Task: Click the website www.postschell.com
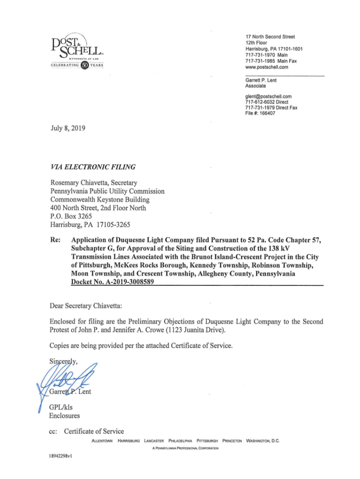266,67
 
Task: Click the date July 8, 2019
65,128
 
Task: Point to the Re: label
55,240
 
